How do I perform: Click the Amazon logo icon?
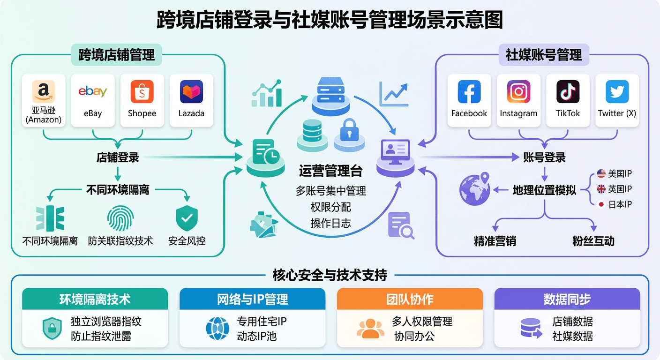(44, 91)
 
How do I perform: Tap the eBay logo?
(93, 91)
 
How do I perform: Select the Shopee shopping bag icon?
(142, 91)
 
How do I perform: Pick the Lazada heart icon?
(191, 91)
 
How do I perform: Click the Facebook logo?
(469, 91)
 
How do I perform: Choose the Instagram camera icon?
(518, 91)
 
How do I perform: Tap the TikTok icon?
(568, 91)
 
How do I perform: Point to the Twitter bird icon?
(617, 91)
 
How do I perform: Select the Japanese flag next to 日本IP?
(601, 204)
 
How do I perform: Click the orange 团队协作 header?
(410, 299)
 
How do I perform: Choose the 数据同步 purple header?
(567, 299)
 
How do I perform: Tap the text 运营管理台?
(330, 171)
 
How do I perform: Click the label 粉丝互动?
(593, 241)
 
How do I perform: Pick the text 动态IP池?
(257, 337)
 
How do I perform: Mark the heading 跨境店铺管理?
(117, 55)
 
